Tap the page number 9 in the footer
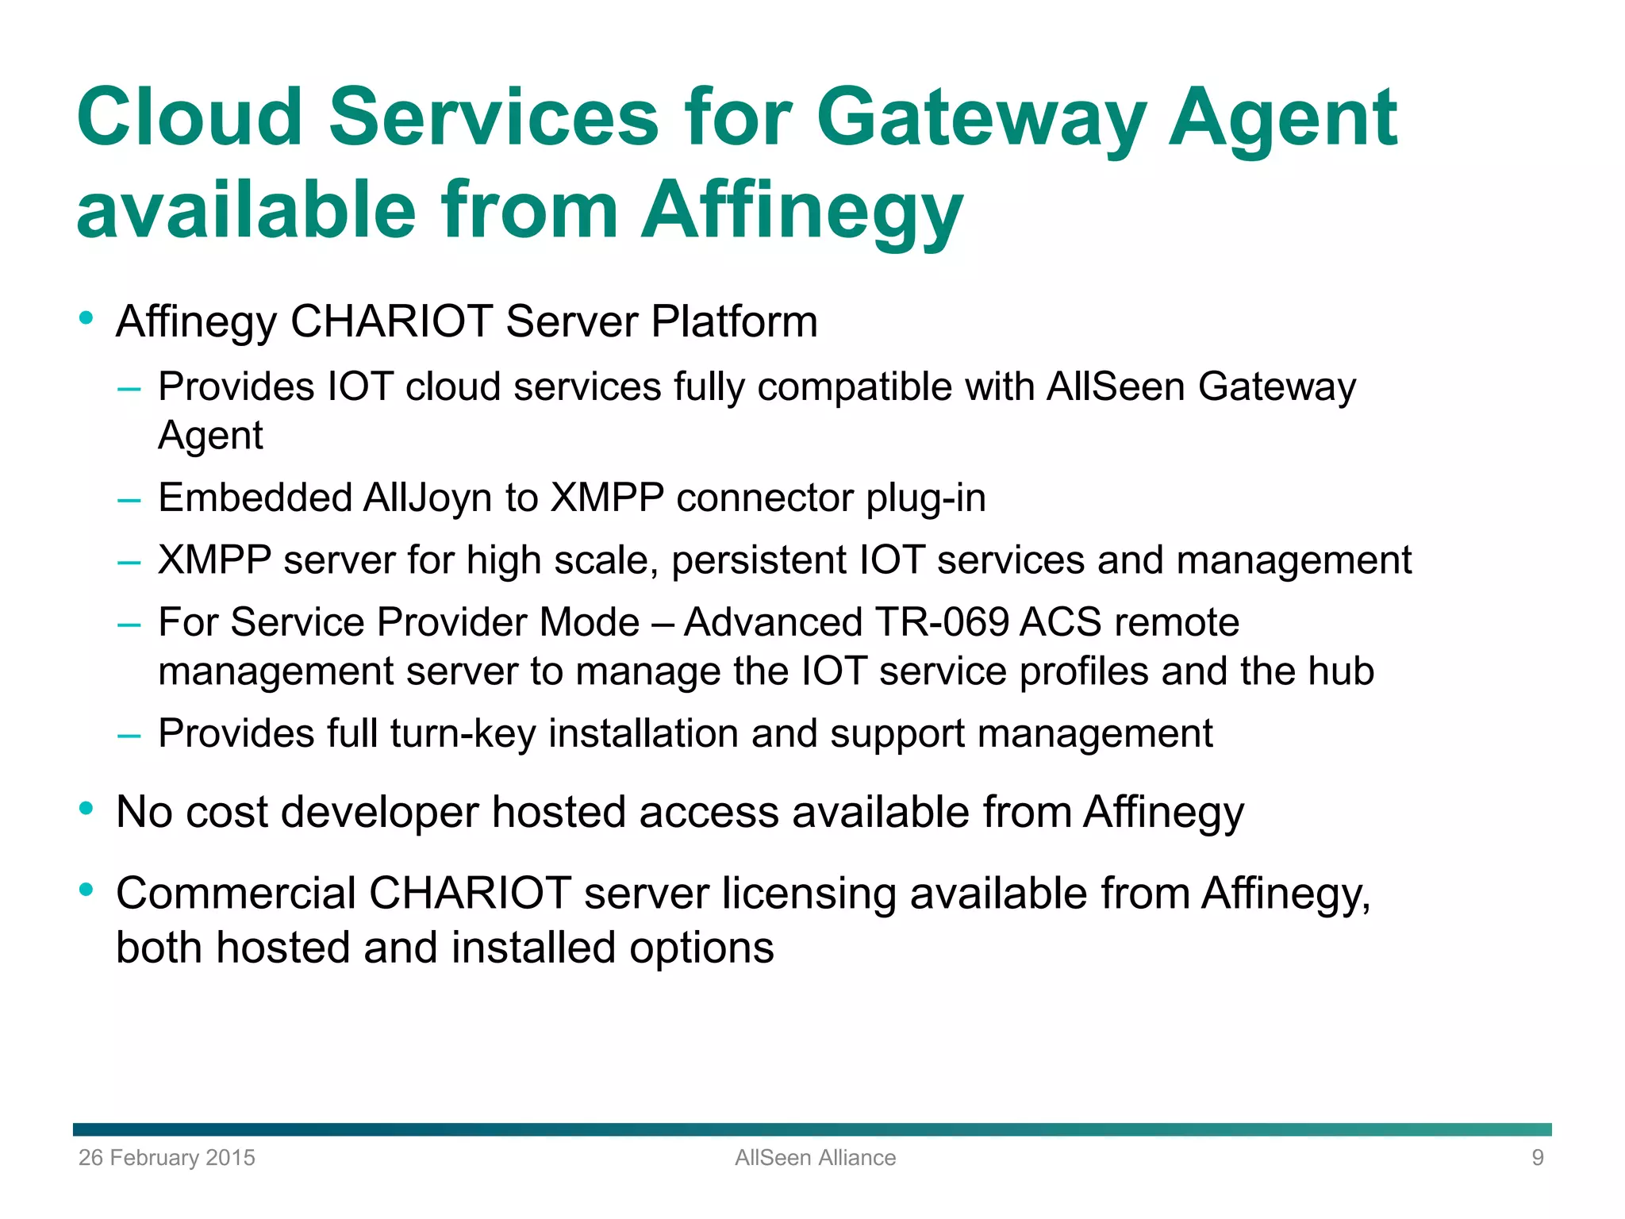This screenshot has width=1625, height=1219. pyautogui.click(x=1538, y=1158)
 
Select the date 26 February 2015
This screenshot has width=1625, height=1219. pyautogui.click(x=167, y=1158)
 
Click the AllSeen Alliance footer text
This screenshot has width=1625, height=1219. pyautogui.click(x=815, y=1158)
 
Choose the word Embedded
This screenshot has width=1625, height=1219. pyautogui.click(x=254, y=498)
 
